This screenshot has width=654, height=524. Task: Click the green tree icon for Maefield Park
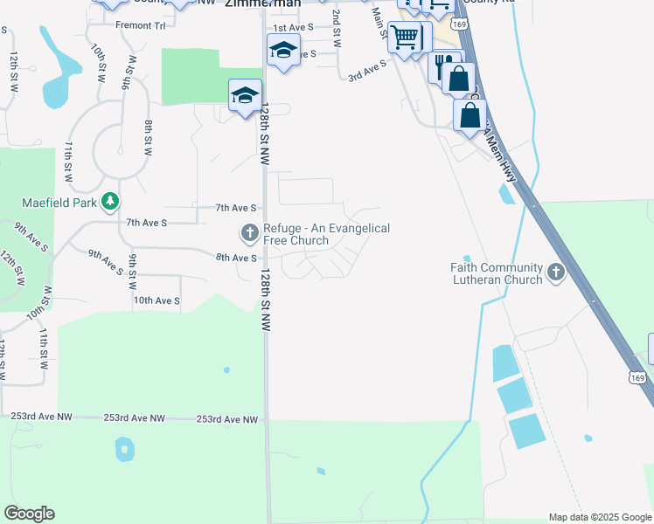pyautogui.click(x=109, y=203)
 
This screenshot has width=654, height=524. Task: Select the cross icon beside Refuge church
pyautogui.click(x=249, y=232)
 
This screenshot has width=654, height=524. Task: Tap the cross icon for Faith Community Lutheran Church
pyautogui.click(x=556, y=274)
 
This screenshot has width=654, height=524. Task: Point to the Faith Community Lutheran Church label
pyautogui.click(x=496, y=274)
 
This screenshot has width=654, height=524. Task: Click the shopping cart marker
pyautogui.click(x=405, y=38)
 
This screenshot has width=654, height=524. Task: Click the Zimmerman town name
pyautogui.click(x=263, y=3)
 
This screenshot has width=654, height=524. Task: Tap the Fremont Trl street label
pyautogui.click(x=146, y=25)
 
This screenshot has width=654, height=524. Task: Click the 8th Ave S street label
pyautogui.click(x=236, y=258)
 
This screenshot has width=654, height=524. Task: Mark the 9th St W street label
pyautogui.click(x=132, y=272)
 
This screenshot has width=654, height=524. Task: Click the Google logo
pyautogui.click(x=29, y=514)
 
